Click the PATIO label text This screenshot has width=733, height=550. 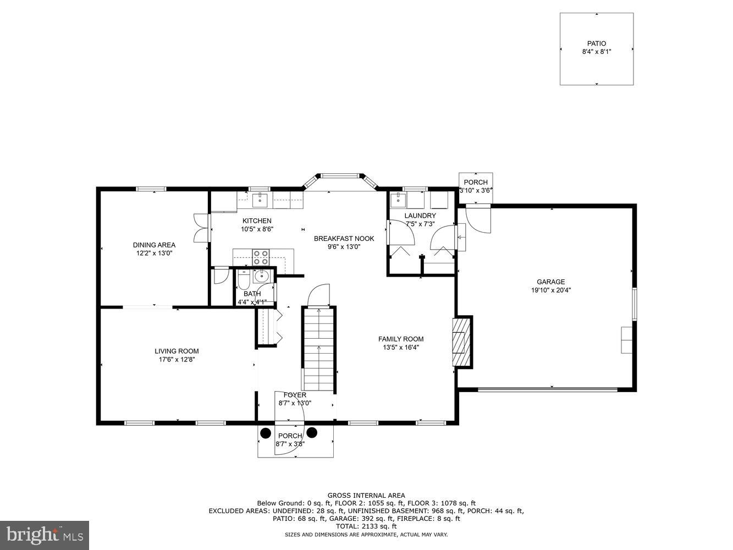(x=597, y=43)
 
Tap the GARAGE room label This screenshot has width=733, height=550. (x=550, y=282)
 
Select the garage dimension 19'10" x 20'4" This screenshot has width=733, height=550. (x=550, y=290)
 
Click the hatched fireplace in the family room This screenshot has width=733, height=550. (x=462, y=341)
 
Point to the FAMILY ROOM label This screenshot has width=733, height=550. (x=401, y=339)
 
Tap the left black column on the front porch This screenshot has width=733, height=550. (x=266, y=432)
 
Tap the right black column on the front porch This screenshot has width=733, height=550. (x=312, y=432)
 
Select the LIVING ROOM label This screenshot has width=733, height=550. (x=177, y=351)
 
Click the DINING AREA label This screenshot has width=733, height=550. (x=154, y=245)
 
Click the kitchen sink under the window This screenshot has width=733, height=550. (x=260, y=200)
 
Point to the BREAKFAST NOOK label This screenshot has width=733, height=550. (x=344, y=239)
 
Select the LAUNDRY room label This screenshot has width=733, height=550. (x=420, y=216)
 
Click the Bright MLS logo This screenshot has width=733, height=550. (x=45, y=535)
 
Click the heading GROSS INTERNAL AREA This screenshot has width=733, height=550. (x=366, y=495)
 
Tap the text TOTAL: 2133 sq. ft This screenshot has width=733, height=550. (x=366, y=526)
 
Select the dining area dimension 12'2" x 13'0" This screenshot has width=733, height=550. (x=154, y=254)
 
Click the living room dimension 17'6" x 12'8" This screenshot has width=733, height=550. (x=177, y=360)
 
